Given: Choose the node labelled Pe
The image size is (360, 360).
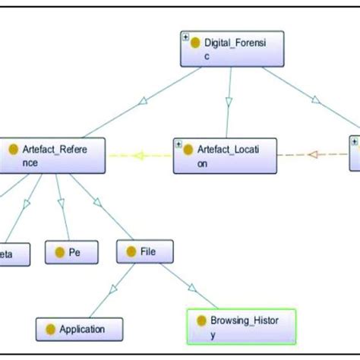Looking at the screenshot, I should point(68,252).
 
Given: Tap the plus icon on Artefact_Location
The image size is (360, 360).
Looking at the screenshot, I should point(178,142).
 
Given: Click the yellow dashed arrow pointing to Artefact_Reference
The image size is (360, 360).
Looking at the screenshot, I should point(140,156).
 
